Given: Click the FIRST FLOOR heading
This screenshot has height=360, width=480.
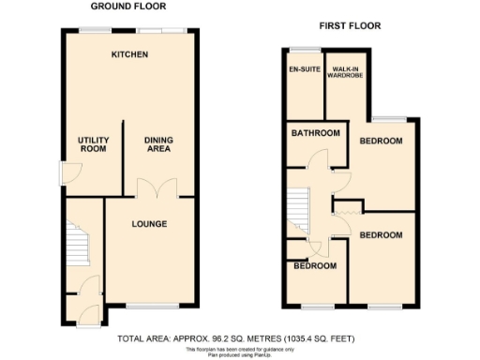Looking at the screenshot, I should [350, 25].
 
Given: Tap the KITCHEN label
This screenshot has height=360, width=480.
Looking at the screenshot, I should [129, 55].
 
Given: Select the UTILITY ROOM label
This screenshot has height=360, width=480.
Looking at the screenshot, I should [92, 144].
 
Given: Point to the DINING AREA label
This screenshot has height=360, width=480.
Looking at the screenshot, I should [158, 144].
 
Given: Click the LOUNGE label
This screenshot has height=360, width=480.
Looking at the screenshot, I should [149, 224].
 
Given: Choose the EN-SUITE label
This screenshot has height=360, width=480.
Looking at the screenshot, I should [303, 70].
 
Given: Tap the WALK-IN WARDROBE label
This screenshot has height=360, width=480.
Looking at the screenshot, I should [348, 74].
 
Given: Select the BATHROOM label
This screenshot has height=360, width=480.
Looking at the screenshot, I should [314, 134].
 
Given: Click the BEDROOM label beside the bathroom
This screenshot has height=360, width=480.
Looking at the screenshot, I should [381, 142].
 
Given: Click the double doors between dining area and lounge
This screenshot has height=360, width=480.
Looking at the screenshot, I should [149, 188].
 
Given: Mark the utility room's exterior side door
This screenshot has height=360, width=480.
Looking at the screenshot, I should [62, 172].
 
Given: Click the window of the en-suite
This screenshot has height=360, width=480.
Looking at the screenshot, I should [303, 48].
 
